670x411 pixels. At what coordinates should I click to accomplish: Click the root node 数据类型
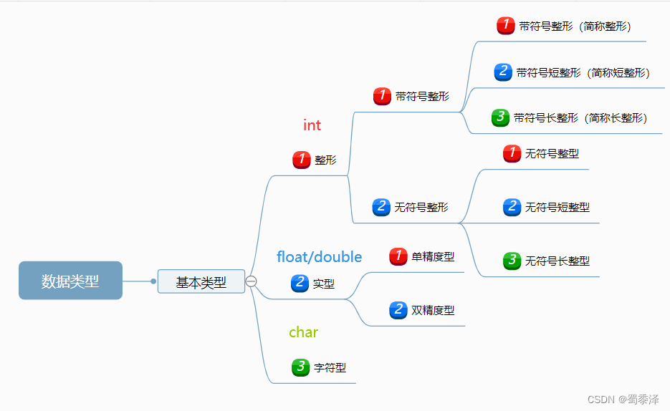(70, 281)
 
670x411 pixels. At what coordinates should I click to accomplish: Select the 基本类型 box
(201, 282)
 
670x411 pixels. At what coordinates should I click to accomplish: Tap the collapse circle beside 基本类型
(251, 281)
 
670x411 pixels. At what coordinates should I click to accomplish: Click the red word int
(312, 125)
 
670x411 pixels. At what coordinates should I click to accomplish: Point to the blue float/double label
(319, 256)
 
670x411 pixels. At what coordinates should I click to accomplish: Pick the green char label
(303, 332)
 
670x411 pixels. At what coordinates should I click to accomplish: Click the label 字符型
(330, 367)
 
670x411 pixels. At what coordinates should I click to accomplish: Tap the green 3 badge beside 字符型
(301, 367)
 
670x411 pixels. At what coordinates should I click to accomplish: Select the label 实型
(324, 284)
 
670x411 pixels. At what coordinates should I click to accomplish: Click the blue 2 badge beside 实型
(300, 283)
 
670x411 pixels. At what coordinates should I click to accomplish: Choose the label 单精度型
(433, 256)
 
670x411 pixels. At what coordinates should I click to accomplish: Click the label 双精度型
(433, 310)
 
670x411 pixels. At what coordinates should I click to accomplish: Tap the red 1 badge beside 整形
(302, 160)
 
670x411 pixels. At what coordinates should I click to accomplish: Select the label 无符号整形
(421, 207)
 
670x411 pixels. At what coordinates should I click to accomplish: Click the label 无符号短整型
(557, 207)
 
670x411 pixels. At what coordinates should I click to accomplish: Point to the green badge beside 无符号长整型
(512, 261)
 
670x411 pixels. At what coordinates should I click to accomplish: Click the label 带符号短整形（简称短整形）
(583, 72)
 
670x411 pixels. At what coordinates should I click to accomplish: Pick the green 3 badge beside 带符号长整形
(501, 117)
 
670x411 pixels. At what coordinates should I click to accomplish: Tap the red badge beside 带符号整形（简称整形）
(506, 26)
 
